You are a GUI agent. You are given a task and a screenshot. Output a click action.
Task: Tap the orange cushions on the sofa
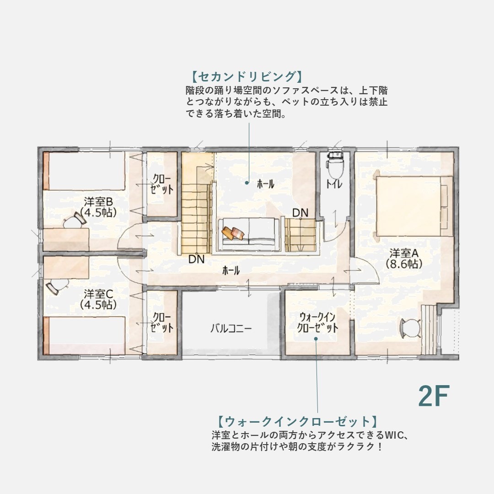[x=233, y=233]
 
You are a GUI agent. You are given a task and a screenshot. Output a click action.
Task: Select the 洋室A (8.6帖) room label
[x=404, y=258]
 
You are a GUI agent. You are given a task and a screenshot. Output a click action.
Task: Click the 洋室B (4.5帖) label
[x=98, y=207]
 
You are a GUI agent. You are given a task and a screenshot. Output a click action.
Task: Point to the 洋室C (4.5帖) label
[x=98, y=299]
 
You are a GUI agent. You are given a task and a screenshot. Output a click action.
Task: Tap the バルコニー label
[x=231, y=328]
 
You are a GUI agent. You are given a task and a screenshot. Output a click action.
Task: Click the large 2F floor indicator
[x=434, y=396]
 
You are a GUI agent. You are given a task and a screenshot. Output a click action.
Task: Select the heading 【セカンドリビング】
[x=247, y=76]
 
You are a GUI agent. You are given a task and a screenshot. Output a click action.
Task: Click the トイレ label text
[x=334, y=184]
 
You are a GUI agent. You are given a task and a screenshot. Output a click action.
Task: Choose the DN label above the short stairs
[x=300, y=213]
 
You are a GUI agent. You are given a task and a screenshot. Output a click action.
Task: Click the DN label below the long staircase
[x=197, y=259]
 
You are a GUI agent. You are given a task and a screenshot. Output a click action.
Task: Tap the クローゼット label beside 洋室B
[x=161, y=184]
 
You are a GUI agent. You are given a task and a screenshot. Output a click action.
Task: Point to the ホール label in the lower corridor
[x=231, y=270]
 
